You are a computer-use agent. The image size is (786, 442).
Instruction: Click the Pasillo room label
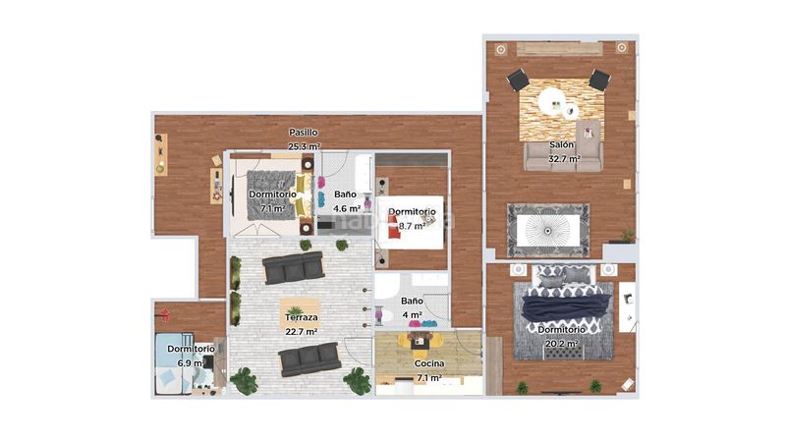[x=304, y=133]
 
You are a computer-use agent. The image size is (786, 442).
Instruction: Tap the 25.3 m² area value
[x=304, y=146]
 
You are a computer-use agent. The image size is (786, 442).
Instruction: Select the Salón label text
[x=561, y=144]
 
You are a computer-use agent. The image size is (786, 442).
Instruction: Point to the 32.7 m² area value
[x=564, y=159]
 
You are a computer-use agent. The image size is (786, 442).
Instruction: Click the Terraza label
[x=302, y=317]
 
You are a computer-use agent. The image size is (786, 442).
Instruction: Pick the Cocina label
[x=429, y=363]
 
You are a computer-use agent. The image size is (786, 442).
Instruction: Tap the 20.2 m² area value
[x=561, y=344]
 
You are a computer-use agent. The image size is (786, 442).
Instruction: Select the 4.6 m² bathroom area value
[x=347, y=208]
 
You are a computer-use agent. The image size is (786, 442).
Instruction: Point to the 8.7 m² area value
[x=412, y=226]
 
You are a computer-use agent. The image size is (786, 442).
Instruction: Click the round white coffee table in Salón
[x=552, y=101]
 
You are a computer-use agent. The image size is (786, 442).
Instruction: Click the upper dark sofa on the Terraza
[x=293, y=267]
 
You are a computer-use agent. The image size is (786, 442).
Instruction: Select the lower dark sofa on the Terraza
[x=309, y=359]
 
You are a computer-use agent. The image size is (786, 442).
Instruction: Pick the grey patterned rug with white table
[x=548, y=230]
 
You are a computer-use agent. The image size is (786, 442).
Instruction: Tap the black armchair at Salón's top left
[x=518, y=80]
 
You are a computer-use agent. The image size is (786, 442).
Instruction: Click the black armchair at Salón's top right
[x=599, y=80]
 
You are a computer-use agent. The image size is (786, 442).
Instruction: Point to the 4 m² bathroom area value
[x=412, y=314]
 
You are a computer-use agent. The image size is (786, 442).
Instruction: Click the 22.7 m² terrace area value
[x=302, y=332]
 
